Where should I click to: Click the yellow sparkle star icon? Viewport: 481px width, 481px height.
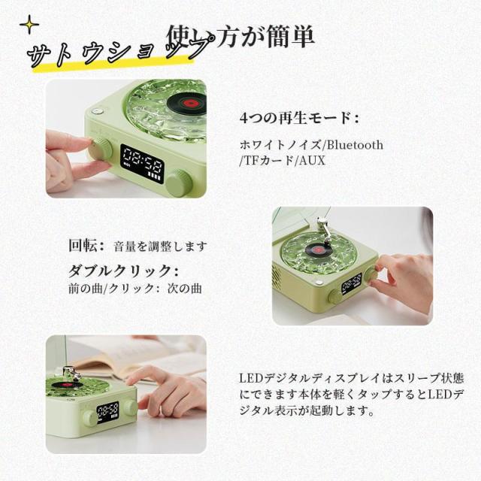tap(29, 25)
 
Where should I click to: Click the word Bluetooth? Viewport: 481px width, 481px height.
tap(355, 145)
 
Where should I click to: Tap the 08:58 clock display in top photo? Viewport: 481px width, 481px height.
tap(142, 164)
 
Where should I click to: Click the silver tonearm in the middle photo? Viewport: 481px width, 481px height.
tap(324, 231)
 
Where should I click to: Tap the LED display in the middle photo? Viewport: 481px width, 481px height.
tap(351, 283)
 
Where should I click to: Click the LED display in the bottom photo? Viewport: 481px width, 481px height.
tap(108, 412)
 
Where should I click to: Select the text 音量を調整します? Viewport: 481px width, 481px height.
tap(160, 247)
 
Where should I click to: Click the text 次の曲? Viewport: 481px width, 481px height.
tap(185, 289)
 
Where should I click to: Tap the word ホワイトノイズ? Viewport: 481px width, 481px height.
tap(280, 145)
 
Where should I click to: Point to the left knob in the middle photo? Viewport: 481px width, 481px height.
tap(335, 296)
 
